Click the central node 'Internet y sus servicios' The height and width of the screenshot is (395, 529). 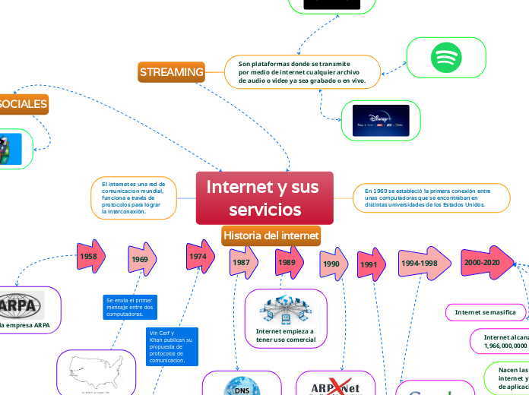[264, 197]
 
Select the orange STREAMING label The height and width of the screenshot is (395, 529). [172, 72]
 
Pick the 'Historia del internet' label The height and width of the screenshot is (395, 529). [271, 235]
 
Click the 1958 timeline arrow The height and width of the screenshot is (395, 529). [90, 257]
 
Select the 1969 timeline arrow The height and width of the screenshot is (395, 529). [141, 259]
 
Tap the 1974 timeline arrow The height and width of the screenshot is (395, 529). [199, 257]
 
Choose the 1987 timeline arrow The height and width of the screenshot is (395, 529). [242, 261]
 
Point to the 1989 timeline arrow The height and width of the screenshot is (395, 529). [288, 261]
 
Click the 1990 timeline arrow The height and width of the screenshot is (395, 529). [332, 264]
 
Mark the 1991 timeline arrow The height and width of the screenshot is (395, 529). [370, 264]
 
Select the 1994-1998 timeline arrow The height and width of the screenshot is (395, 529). [420, 262]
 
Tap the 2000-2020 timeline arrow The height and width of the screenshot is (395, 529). [483, 261]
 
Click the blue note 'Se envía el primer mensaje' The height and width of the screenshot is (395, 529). [129, 308]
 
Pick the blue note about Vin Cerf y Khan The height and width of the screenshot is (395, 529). [172, 346]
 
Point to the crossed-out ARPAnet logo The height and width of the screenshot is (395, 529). [334, 386]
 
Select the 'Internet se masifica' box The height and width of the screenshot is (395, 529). [484, 312]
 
